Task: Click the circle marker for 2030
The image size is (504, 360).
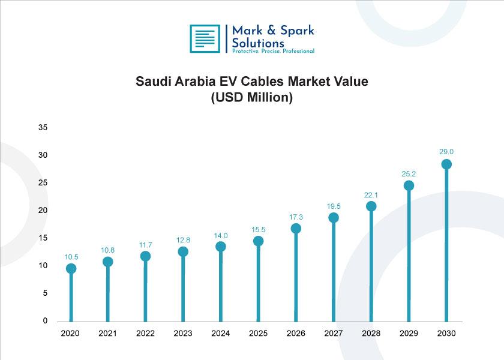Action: pyautogui.click(x=446, y=164)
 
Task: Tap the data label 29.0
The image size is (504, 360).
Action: pyautogui.click(x=446, y=152)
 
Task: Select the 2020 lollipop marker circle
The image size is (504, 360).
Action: pyautogui.click(x=71, y=269)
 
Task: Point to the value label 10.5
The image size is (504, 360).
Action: pyautogui.click(x=71, y=257)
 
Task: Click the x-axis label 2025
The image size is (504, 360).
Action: pyautogui.click(x=258, y=334)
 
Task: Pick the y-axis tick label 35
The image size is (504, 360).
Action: pyautogui.click(x=43, y=127)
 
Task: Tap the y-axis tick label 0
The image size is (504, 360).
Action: pyautogui.click(x=45, y=320)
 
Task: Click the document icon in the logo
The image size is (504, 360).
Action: pyautogui.click(x=205, y=38)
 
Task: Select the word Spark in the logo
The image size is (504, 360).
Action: pyautogui.click(x=297, y=31)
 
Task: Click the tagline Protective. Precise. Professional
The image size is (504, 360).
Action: pyautogui.click(x=273, y=51)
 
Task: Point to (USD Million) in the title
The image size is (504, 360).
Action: pyautogui.click(x=251, y=97)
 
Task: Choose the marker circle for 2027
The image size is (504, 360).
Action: pyautogui.click(x=334, y=218)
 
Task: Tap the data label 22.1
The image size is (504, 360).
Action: pyautogui.click(x=371, y=195)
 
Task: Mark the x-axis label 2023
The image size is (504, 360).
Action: pyautogui.click(x=183, y=334)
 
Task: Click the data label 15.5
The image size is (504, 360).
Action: pyautogui.click(x=258, y=229)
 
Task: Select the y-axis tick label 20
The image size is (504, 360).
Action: pyautogui.click(x=43, y=210)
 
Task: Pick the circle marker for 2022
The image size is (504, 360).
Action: pyautogui.click(x=145, y=256)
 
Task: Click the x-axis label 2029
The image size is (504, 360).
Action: pyautogui.click(x=409, y=334)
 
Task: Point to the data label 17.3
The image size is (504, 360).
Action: pyautogui.click(x=296, y=217)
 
